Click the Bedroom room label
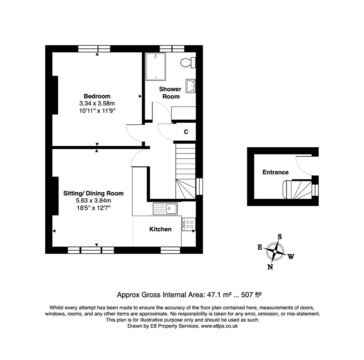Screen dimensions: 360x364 (x=97, y=96)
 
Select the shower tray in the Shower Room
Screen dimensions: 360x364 (x=155, y=67)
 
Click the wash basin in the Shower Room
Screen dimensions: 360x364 (x=191, y=86)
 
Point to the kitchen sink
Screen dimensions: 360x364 (x=165, y=209)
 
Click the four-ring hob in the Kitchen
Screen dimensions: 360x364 (x=189, y=224)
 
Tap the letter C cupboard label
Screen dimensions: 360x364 (x=186, y=132)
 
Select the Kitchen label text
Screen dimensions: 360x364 (x=160, y=229)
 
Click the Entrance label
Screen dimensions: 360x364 (x=275, y=172)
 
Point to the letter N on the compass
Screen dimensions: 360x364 (x=270, y=267)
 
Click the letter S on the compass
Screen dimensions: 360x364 (x=280, y=237)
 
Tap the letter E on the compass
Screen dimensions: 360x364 (x=260, y=247)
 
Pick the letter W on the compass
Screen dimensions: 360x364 (x=291, y=257)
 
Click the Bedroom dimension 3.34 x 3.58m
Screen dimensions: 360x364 (x=97, y=103)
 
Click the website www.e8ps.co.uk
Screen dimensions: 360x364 (x=219, y=326)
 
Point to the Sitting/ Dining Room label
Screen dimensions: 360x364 (x=93, y=193)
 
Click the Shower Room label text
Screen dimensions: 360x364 (x=170, y=93)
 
